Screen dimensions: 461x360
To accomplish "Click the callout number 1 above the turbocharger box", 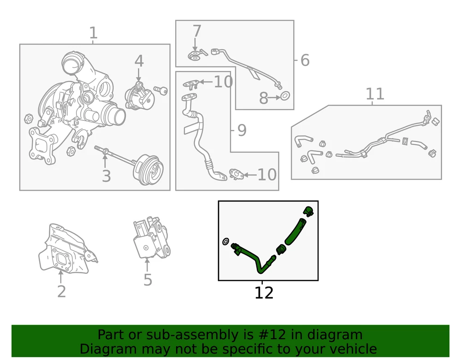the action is tap(93, 33).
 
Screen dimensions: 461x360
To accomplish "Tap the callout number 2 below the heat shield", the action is tap(61, 291).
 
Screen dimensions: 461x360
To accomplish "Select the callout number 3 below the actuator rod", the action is tap(106, 176).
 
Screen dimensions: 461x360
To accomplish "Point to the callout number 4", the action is tap(139, 61).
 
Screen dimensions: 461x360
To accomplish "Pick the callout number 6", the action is tap(305, 60).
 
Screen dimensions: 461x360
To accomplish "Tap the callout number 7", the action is tap(197, 31).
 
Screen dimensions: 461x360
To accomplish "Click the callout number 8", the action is tap(263, 98).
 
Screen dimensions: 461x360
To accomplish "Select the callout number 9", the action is tap(242, 130).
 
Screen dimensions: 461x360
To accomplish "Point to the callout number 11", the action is tap(375, 94).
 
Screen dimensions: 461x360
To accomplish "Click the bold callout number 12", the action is tap(264, 293).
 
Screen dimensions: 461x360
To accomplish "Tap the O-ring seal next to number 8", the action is tap(285, 95).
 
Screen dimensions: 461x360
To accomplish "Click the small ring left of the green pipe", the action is tap(225, 242).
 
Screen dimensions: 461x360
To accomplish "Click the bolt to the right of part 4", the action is tap(160, 90).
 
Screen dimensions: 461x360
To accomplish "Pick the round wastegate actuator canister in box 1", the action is tap(150, 170).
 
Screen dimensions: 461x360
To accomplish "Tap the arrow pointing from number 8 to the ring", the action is tap(274, 98).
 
